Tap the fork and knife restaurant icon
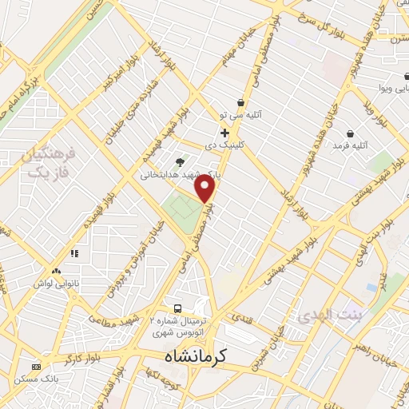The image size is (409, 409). pyautogui.click(x=75, y=252)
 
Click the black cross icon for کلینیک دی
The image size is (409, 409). pyautogui.click(x=225, y=132)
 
